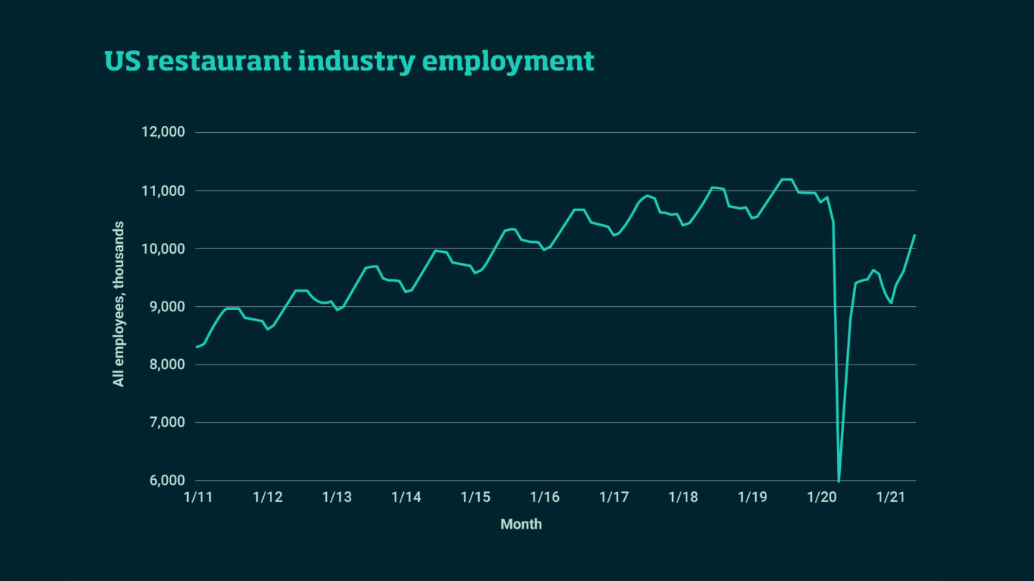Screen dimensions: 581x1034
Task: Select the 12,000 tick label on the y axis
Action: [x=163, y=132]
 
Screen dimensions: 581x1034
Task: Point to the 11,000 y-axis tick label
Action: [x=163, y=191]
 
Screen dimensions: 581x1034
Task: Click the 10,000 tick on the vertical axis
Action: [x=163, y=248]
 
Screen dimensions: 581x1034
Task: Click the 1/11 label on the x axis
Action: [x=198, y=497]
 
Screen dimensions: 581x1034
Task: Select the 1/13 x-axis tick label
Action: [x=337, y=497]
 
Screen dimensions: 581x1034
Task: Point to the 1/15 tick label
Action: [x=475, y=497]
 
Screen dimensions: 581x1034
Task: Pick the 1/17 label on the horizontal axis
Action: [x=614, y=497]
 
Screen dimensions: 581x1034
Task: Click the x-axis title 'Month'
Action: [x=521, y=524]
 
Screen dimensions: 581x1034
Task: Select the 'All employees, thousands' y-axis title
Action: [x=119, y=304]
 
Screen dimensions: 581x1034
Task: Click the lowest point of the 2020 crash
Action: [x=839, y=481]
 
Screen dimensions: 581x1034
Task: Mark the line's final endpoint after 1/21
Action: [x=915, y=235]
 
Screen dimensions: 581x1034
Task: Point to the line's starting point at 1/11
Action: [x=197, y=346]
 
